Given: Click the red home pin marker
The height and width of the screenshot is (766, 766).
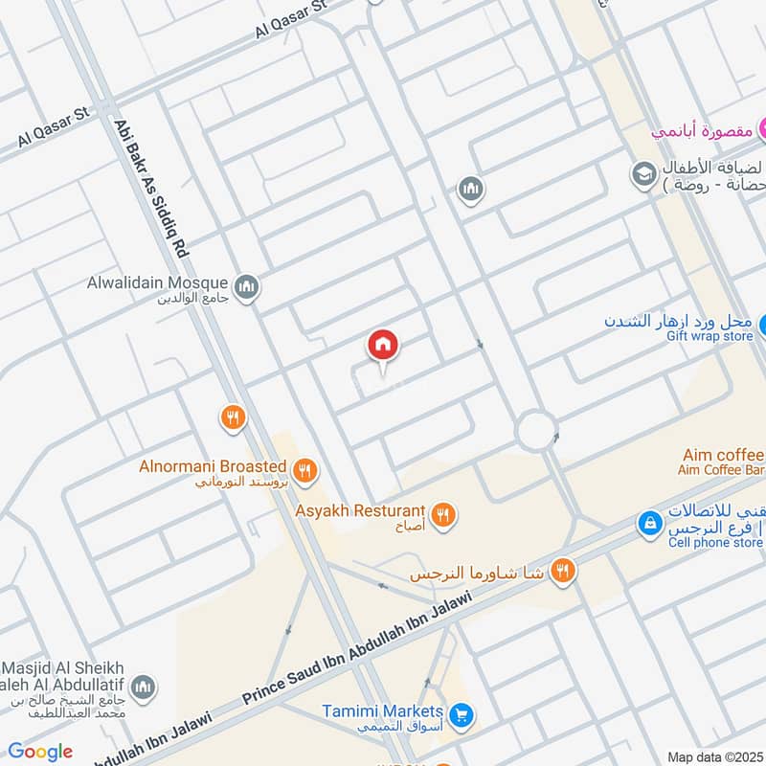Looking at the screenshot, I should pyautogui.click(x=383, y=346).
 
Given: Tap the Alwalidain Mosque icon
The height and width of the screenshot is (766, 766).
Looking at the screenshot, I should pyautogui.click(x=247, y=287).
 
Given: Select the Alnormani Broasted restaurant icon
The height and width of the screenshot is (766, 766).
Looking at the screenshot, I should pyautogui.click(x=305, y=469).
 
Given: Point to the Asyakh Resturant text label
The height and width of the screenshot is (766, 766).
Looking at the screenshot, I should pyautogui.click(x=360, y=510).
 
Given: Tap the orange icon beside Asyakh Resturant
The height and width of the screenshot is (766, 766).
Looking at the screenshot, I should pyautogui.click(x=442, y=515).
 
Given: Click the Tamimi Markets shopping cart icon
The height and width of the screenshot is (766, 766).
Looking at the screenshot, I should pyautogui.click(x=462, y=714).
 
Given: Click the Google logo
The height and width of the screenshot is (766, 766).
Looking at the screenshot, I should pyautogui.click(x=40, y=752).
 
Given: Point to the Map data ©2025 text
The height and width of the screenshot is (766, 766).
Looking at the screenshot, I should pyautogui.click(x=713, y=757).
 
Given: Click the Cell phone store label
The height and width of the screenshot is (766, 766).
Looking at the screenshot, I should pyautogui.click(x=715, y=543).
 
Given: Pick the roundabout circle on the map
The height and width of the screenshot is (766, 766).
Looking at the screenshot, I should pyautogui.click(x=536, y=431).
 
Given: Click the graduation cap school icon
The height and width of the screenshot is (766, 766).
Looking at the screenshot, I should pyautogui.click(x=642, y=175).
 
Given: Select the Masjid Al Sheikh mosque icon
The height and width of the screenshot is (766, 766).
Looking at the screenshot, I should pyautogui.click(x=144, y=687).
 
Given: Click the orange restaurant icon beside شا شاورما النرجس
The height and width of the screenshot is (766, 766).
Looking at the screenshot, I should pyautogui.click(x=564, y=572).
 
